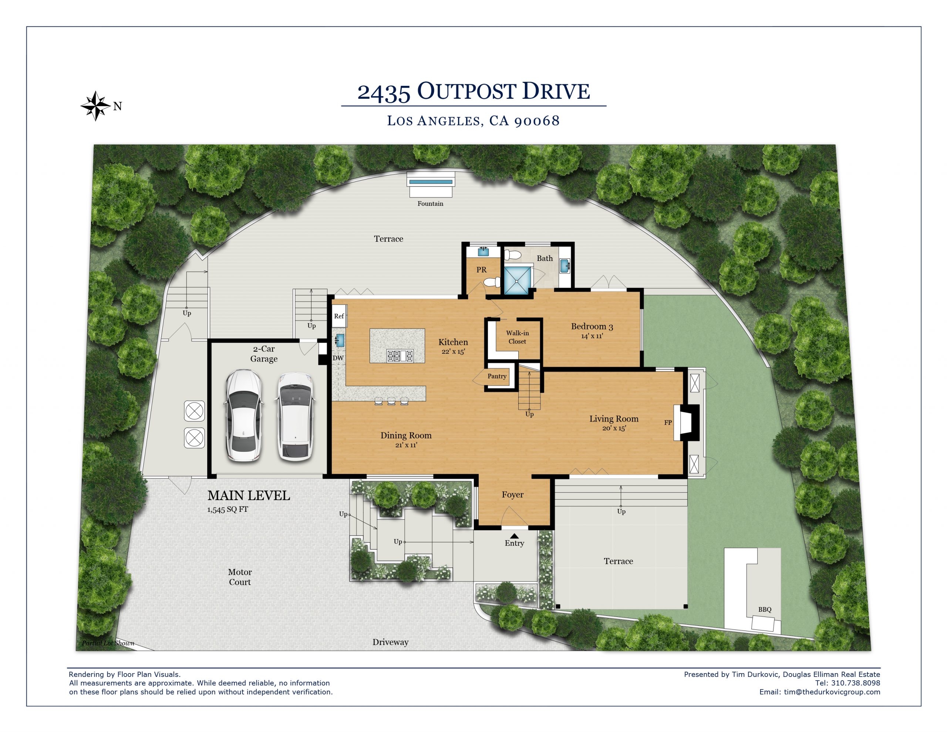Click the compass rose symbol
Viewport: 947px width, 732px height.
point(95,106)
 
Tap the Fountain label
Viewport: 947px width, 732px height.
point(430,204)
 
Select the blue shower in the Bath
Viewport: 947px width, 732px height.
point(517,281)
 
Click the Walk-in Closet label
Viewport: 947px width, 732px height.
point(517,337)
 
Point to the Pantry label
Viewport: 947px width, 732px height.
point(497,376)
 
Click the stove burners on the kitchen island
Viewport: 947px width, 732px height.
point(400,356)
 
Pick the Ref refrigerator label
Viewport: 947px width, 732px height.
point(338,316)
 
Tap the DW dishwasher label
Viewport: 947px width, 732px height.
point(338,358)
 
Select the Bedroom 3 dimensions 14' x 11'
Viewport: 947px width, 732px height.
point(592,336)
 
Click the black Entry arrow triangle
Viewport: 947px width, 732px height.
point(514,536)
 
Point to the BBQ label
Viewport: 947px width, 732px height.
point(765,609)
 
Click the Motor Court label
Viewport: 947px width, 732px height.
point(240,577)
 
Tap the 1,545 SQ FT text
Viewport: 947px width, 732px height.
point(228,510)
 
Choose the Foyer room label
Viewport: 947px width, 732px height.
point(512,495)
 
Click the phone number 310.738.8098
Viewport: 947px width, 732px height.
point(856,684)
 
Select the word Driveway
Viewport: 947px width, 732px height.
point(390,642)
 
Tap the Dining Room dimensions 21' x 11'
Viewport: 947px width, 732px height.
point(406,445)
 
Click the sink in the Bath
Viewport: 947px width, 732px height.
point(565,266)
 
